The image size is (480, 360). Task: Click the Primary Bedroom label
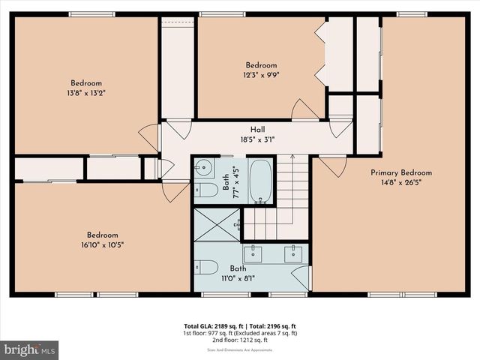point(401,172)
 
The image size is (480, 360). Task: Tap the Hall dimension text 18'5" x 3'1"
point(256,139)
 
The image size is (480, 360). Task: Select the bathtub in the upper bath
point(260,181)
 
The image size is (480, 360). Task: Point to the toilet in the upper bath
point(205,190)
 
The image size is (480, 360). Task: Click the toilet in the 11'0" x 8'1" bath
point(205,266)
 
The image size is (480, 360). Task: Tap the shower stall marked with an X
point(217,225)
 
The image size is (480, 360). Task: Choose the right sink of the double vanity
point(293,253)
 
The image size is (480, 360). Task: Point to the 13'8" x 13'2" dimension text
point(86,93)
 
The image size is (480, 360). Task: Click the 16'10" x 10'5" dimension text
point(101,244)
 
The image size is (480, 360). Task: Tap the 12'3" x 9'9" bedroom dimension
point(261,75)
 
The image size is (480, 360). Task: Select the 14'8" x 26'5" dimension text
point(401,182)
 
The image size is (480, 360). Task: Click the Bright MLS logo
point(30,349)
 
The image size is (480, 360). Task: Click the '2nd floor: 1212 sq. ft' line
point(240,340)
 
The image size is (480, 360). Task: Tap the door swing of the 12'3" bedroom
point(304,110)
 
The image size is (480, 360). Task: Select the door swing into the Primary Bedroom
point(332,166)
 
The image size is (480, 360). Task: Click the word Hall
point(256,130)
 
